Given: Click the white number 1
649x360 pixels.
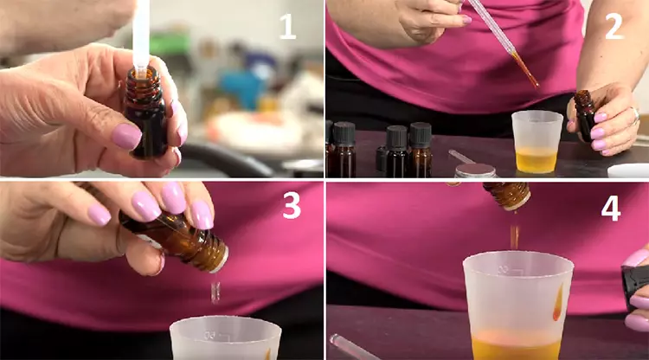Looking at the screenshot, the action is (x=287, y=27).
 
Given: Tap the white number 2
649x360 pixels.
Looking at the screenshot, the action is (x=614, y=27).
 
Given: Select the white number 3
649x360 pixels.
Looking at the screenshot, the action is (x=292, y=205).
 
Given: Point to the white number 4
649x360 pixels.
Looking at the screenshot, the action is (x=611, y=208).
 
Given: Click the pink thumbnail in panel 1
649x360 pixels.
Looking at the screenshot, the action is (x=126, y=136).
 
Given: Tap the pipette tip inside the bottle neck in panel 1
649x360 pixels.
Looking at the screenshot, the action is (x=141, y=73).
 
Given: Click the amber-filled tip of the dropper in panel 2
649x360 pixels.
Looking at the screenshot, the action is (x=525, y=68).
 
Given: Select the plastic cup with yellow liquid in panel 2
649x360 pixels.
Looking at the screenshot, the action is (x=537, y=142).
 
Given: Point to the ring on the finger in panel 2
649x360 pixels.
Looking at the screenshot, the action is (x=635, y=116).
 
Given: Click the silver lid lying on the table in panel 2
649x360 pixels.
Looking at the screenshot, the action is (x=475, y=170).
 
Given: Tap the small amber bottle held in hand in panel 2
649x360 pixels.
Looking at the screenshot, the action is (x=585, y=115).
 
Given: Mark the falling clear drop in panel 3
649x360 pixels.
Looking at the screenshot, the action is (x=215, y=292).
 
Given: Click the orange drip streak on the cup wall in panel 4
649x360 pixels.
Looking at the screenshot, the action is (x=558, y=302).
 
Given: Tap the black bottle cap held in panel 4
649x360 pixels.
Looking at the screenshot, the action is (x=633, y=285).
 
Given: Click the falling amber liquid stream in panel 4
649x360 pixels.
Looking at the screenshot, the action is (x=515, y=237).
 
